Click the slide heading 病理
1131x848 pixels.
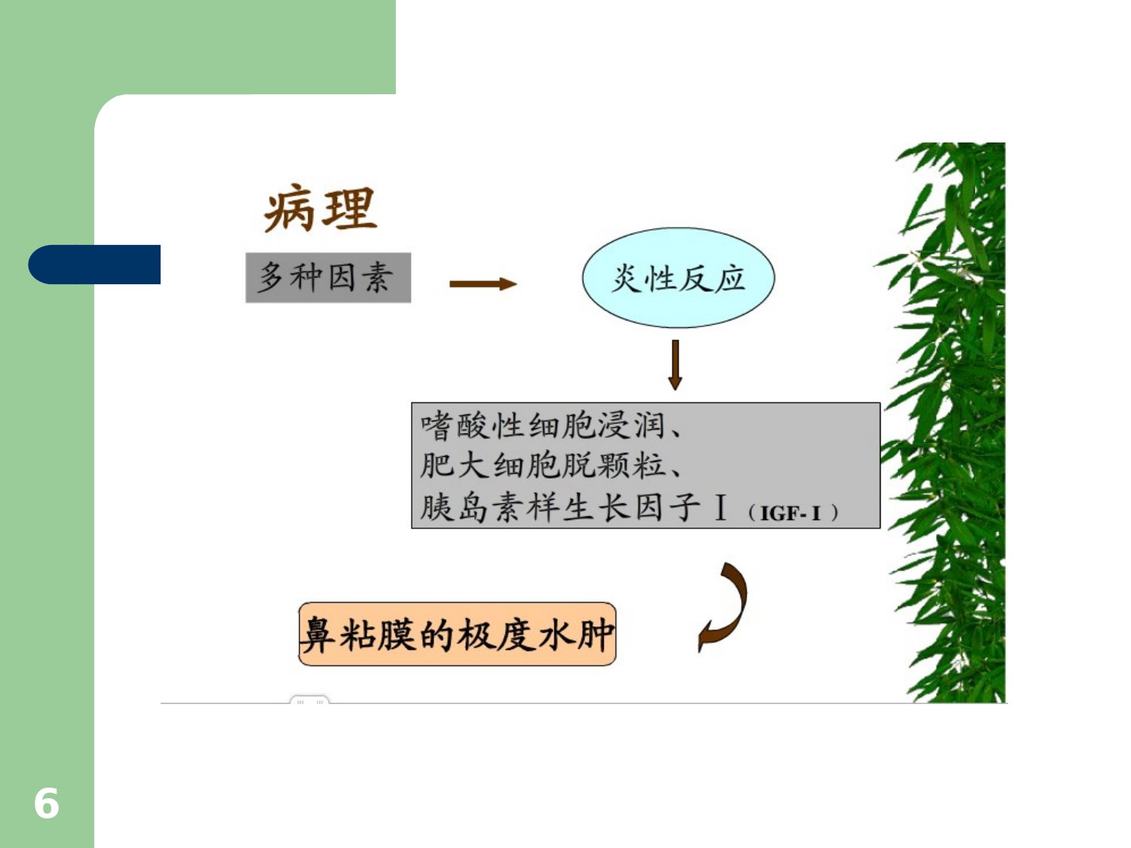tap(320, 208)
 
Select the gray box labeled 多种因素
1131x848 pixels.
tap(328, 277)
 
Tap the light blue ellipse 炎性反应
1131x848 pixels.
tap(678, 277)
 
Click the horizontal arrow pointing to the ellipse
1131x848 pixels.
tap(483, 283)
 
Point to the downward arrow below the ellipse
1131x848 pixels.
tap(675, 365)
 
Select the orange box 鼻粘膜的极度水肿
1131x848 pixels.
tap(457, 634)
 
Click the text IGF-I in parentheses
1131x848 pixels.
tap(790, 513)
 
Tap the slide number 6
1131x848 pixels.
tap(47, 803)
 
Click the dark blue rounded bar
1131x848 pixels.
tap(94, 264)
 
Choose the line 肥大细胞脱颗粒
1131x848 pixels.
tap(541, 466)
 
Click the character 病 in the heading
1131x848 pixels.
tap(290, 208)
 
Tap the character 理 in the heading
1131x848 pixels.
tap(349, 208)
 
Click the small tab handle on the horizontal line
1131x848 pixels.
tap(309, 700)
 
